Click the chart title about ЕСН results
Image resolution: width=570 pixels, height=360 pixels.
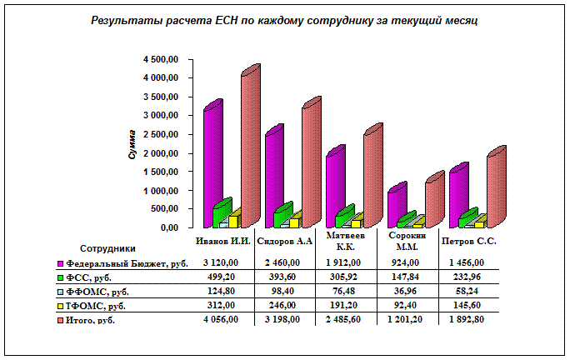coord(284,20)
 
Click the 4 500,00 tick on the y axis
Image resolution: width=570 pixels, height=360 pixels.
coord(161,60)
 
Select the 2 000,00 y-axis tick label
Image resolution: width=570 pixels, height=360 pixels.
coord(161,153)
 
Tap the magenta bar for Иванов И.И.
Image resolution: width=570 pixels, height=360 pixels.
coord(212,167)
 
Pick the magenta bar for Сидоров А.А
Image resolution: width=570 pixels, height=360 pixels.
coord(273,178)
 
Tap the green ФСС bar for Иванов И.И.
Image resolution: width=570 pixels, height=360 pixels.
coord(222,215)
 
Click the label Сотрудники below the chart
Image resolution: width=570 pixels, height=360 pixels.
coord(108,248)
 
